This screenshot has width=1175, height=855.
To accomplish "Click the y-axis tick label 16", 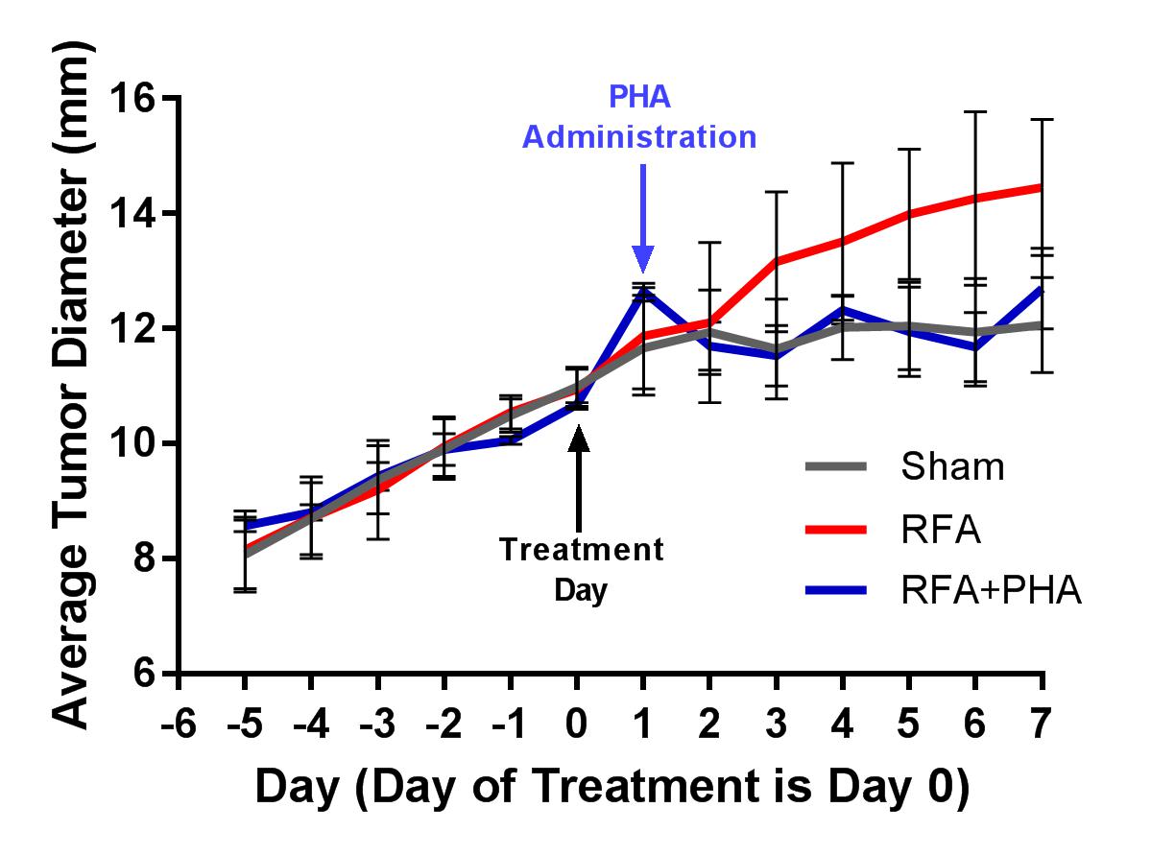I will (x=133, y=98).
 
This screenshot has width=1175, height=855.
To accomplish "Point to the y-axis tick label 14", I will (x=133, y=213).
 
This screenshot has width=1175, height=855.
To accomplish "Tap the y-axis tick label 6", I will (x=144, y=674).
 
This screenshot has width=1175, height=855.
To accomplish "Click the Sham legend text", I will (x=952, y=467).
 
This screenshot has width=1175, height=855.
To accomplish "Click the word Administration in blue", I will (x=639, y=136).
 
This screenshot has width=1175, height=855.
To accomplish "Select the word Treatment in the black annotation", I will (x=581, y=551).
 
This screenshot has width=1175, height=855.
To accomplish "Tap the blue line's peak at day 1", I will (x=643, y=290).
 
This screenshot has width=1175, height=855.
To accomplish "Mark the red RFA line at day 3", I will (x=776, y=260).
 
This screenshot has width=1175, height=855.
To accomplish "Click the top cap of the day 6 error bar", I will (x=976, y=111).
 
